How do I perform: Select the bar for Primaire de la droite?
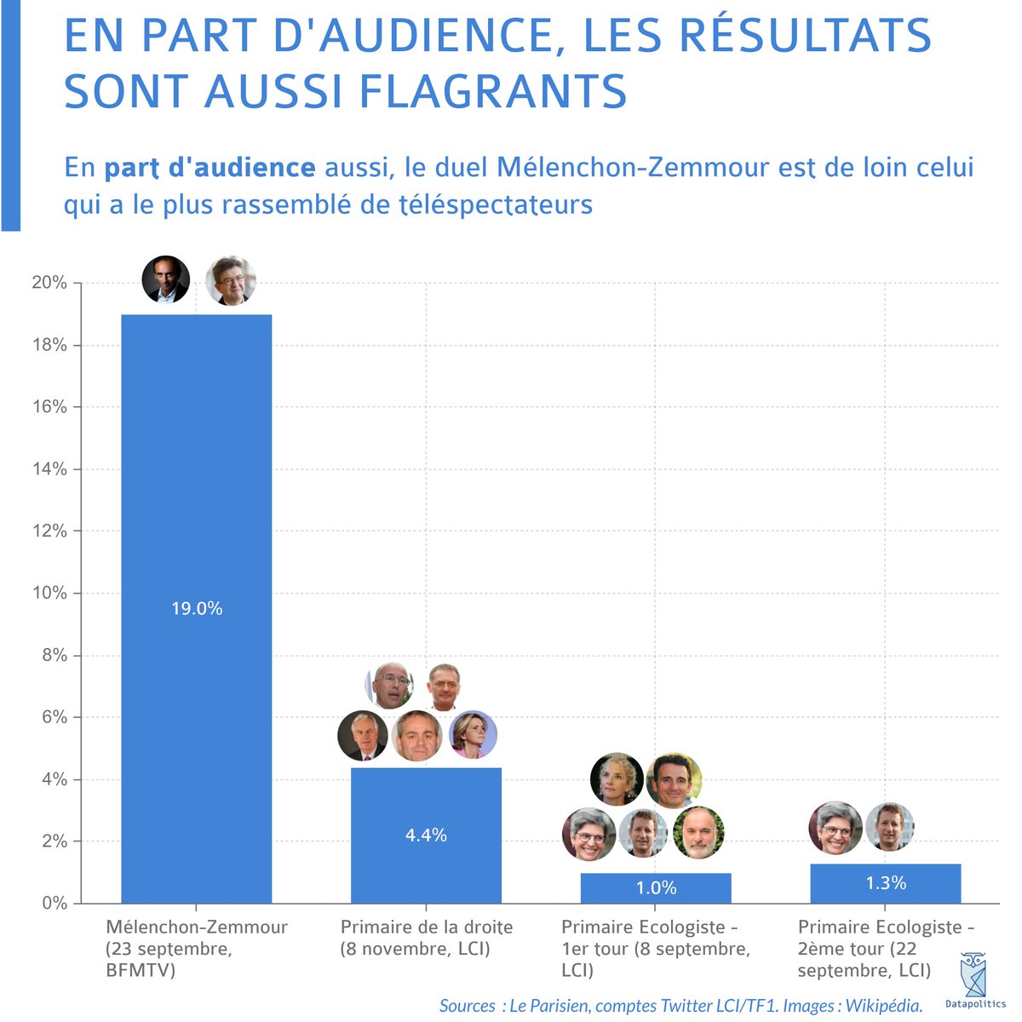(x=426, y=801)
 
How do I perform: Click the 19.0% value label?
(x=197, y=608)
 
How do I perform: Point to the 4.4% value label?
(x=426, y=835)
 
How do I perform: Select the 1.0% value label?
(x=656, y=888)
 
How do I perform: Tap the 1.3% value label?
(x=886, y=883)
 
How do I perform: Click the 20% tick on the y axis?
(x=49, y=283)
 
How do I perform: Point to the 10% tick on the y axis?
(x=49, y=593)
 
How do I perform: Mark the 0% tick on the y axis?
(x=53, y=903)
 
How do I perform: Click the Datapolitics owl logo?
(x=975, y=971)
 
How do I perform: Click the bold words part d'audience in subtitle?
(x=210, y=167)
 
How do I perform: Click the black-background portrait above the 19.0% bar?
(x=166, y=279)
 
